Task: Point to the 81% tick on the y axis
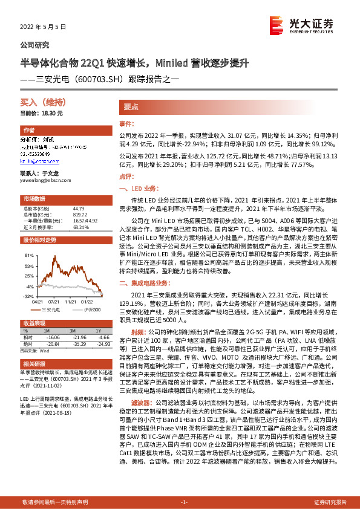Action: click(x=28, y=256)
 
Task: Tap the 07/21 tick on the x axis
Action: click(x=53, y=302)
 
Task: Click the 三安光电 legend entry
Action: click(x=53, y=308)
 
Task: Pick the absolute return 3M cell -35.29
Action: click(x=74, y=343)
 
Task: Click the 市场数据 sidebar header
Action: click(x=34, y=199)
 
